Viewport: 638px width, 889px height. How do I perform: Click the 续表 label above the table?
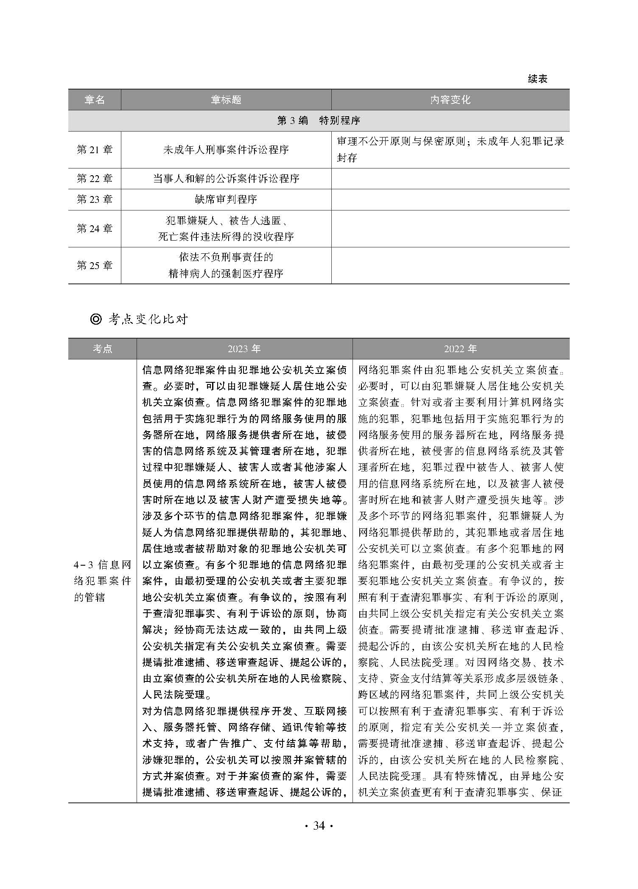[x=537, y=79]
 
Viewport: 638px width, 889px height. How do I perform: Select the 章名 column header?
[x=95, y=100]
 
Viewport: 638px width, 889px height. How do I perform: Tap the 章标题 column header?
[x=226, y=100]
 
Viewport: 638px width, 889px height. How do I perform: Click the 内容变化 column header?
[x=450, y=100]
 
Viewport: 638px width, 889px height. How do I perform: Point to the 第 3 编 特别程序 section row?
[x=319, y=121]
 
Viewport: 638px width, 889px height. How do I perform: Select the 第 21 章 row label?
[x=95, y=150]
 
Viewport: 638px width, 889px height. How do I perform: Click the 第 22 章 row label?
[x=95, y=179]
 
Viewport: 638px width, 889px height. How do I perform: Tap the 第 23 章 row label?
[x=95, y=199]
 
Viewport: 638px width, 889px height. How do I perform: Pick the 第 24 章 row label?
[x=95, y=229]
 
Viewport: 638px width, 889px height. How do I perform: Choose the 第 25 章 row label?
[x=95, y=266]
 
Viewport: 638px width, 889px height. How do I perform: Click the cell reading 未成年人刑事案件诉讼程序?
[x=226, y=150]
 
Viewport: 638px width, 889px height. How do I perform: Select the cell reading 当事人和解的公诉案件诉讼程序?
[x=226, y=179]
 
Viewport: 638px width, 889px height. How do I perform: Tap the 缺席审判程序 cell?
[x=226, y=199]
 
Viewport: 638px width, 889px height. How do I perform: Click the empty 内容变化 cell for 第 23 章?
[x=450, y=199]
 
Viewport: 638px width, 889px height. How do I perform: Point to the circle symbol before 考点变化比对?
[x=96, y=320]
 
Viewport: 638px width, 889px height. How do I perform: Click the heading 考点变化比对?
[x=148, y=320]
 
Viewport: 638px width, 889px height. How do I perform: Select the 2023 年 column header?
[x=244, y=349]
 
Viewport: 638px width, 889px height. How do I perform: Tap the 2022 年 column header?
[x=460, y=349]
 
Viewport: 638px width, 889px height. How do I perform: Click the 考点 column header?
[x=102, y=349]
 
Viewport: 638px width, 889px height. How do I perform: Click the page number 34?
[x=319, y=826]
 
